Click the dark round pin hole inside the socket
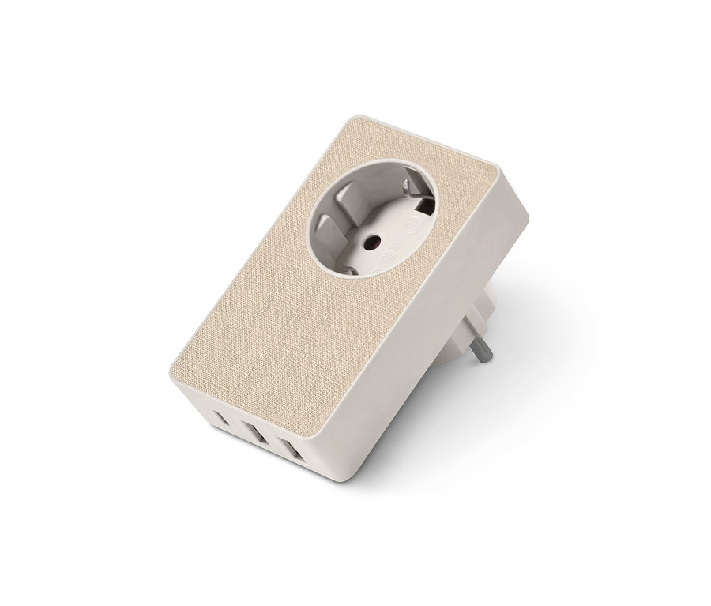click(371, 242)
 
